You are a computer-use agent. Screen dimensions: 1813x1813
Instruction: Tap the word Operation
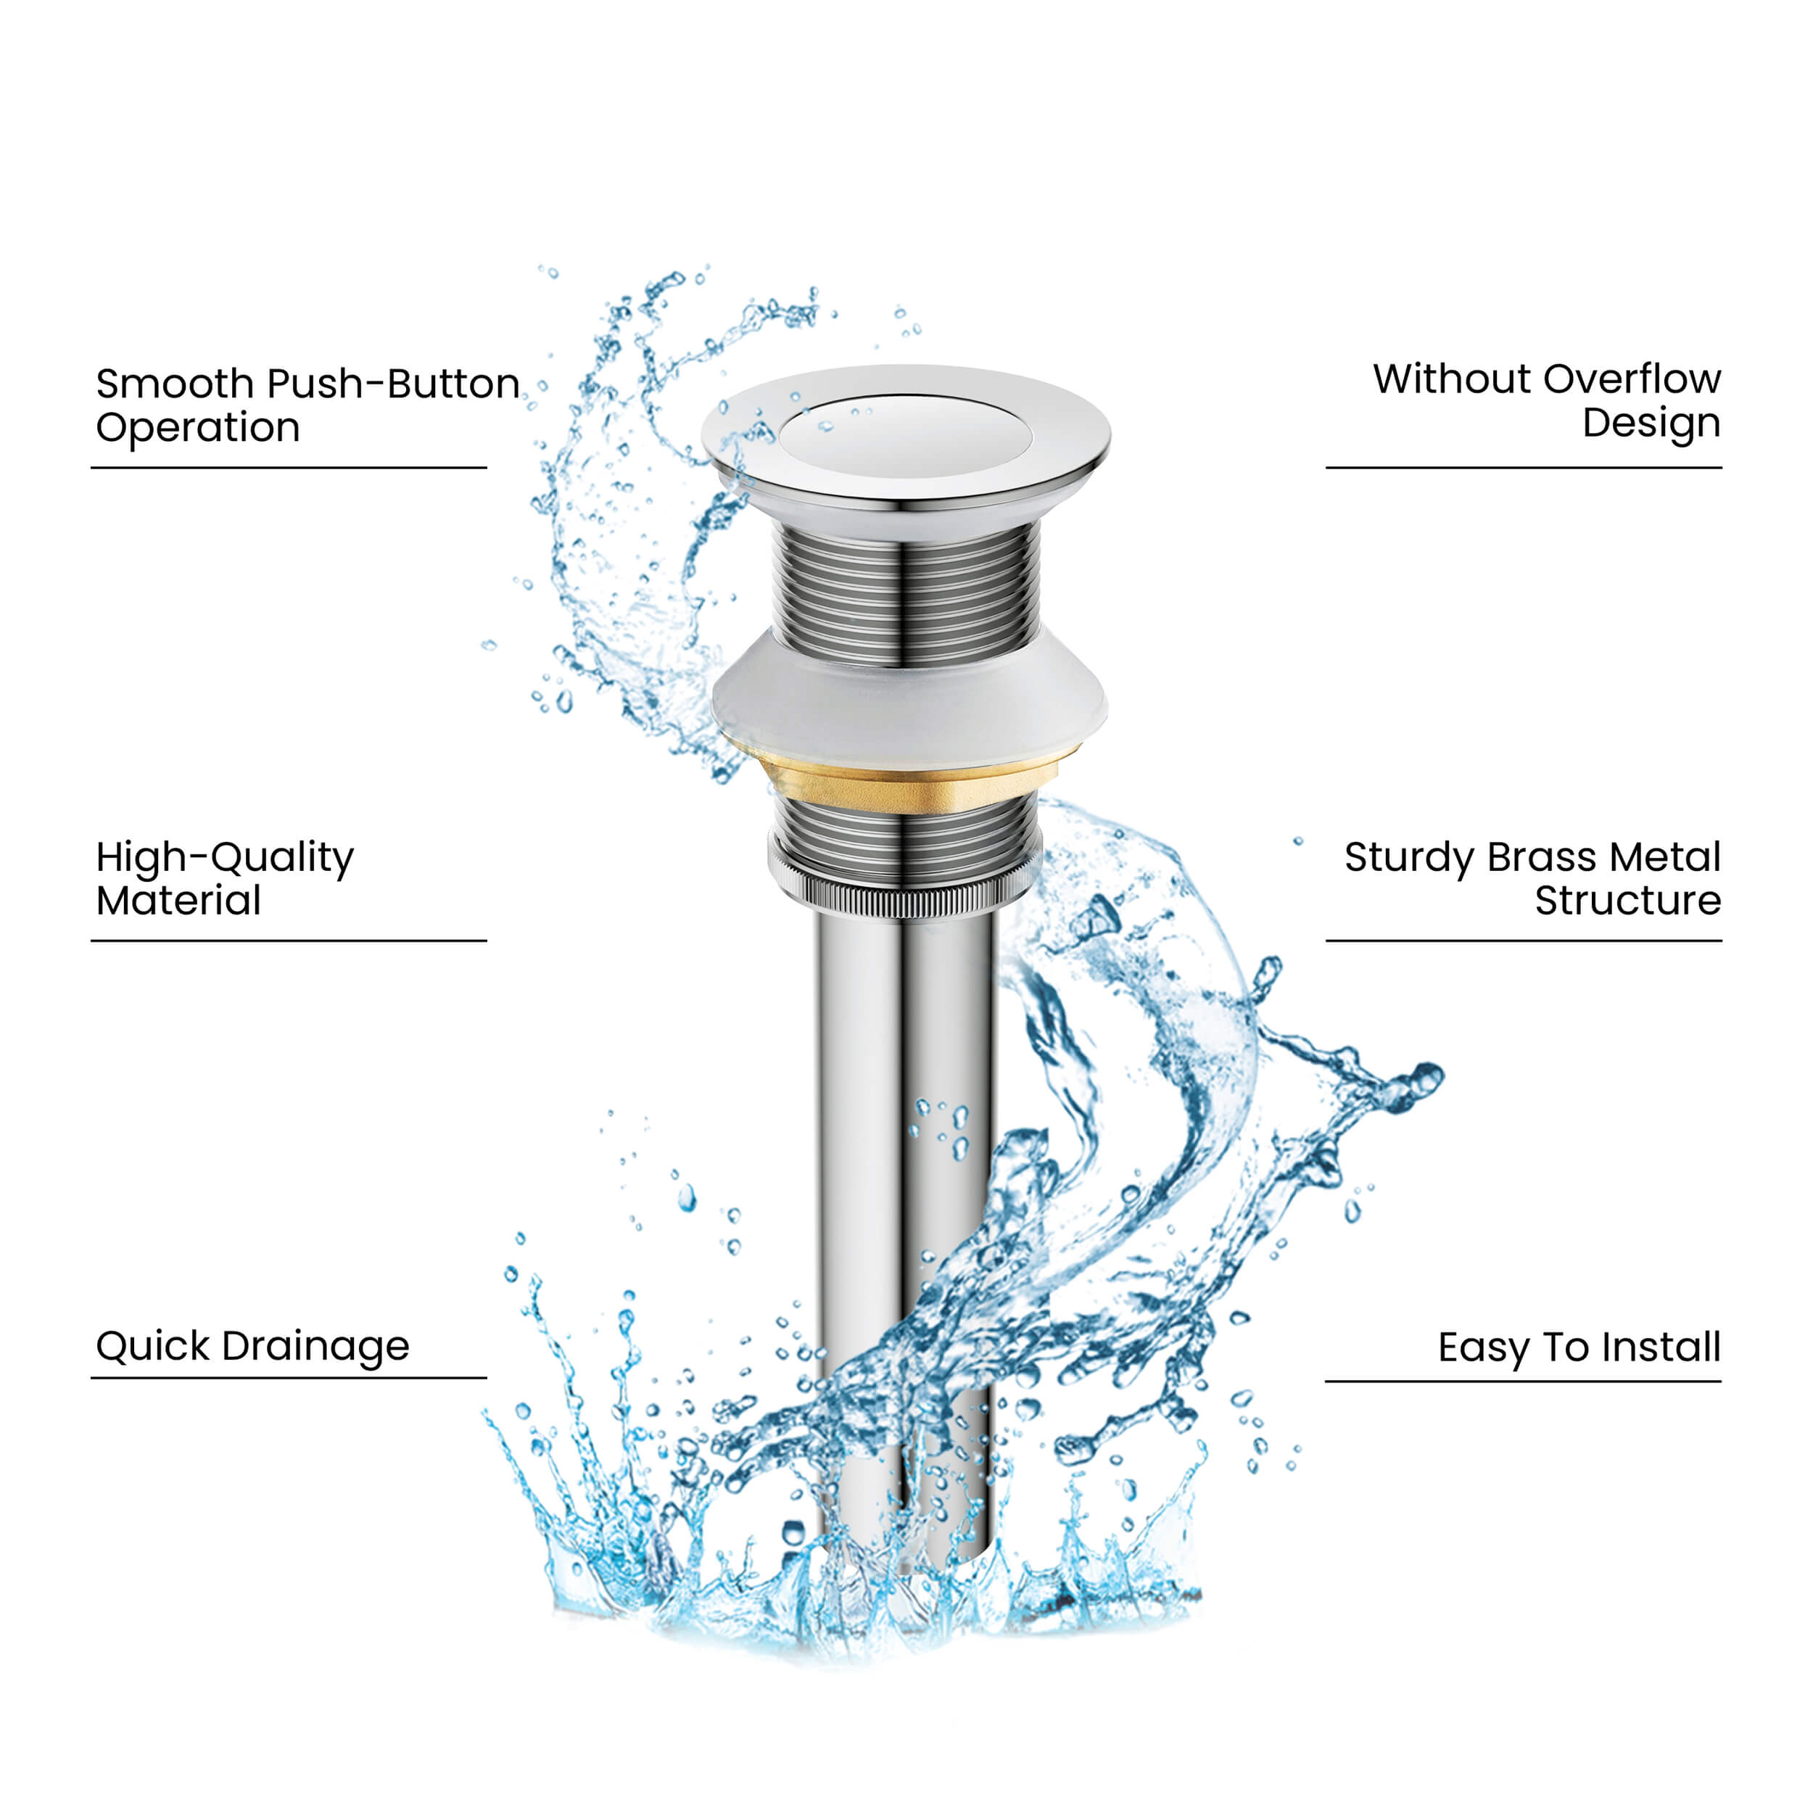[x=198, y=429]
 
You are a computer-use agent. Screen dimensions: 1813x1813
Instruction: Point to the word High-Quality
[x=226, y=859]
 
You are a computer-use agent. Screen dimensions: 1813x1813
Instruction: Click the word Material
[x=178, y=901]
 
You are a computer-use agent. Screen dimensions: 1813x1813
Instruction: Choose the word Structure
[x=1628, y=901]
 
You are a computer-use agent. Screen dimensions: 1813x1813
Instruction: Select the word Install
[x=1661, y=1347]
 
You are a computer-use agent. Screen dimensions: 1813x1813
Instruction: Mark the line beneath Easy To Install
[x=1523, y=1380]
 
